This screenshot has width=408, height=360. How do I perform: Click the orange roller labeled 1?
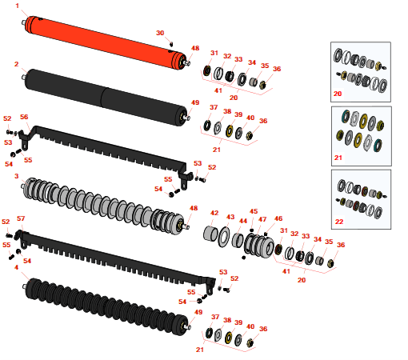[106, 42]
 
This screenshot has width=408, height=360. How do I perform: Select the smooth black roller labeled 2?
[106, 98]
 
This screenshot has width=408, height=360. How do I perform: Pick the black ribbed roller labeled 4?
[106, 306]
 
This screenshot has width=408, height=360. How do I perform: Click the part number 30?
[160, 33]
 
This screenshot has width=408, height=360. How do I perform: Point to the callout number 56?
[24, 117]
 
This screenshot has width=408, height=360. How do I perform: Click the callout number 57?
[21, 218]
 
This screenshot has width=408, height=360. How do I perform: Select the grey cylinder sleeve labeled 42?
[210, 234]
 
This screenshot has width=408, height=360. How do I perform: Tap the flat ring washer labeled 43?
[224, 237]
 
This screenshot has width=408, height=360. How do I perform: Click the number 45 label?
[254, 211]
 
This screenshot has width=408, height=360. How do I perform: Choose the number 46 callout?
[278, 218]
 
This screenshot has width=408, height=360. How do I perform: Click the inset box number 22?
[339, 222]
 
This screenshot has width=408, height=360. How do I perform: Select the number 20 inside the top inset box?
[338, 94]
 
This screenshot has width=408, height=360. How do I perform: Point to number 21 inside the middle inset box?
[338, 158]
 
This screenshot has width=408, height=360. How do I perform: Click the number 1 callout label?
[18, 6]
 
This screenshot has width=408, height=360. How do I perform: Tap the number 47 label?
[262, 219]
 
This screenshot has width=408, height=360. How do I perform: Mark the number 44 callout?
[243, 221]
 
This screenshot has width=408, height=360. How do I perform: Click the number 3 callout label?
[17, 176]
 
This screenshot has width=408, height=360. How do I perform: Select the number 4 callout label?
[16, 267]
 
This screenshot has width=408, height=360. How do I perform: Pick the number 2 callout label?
[17, 64]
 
